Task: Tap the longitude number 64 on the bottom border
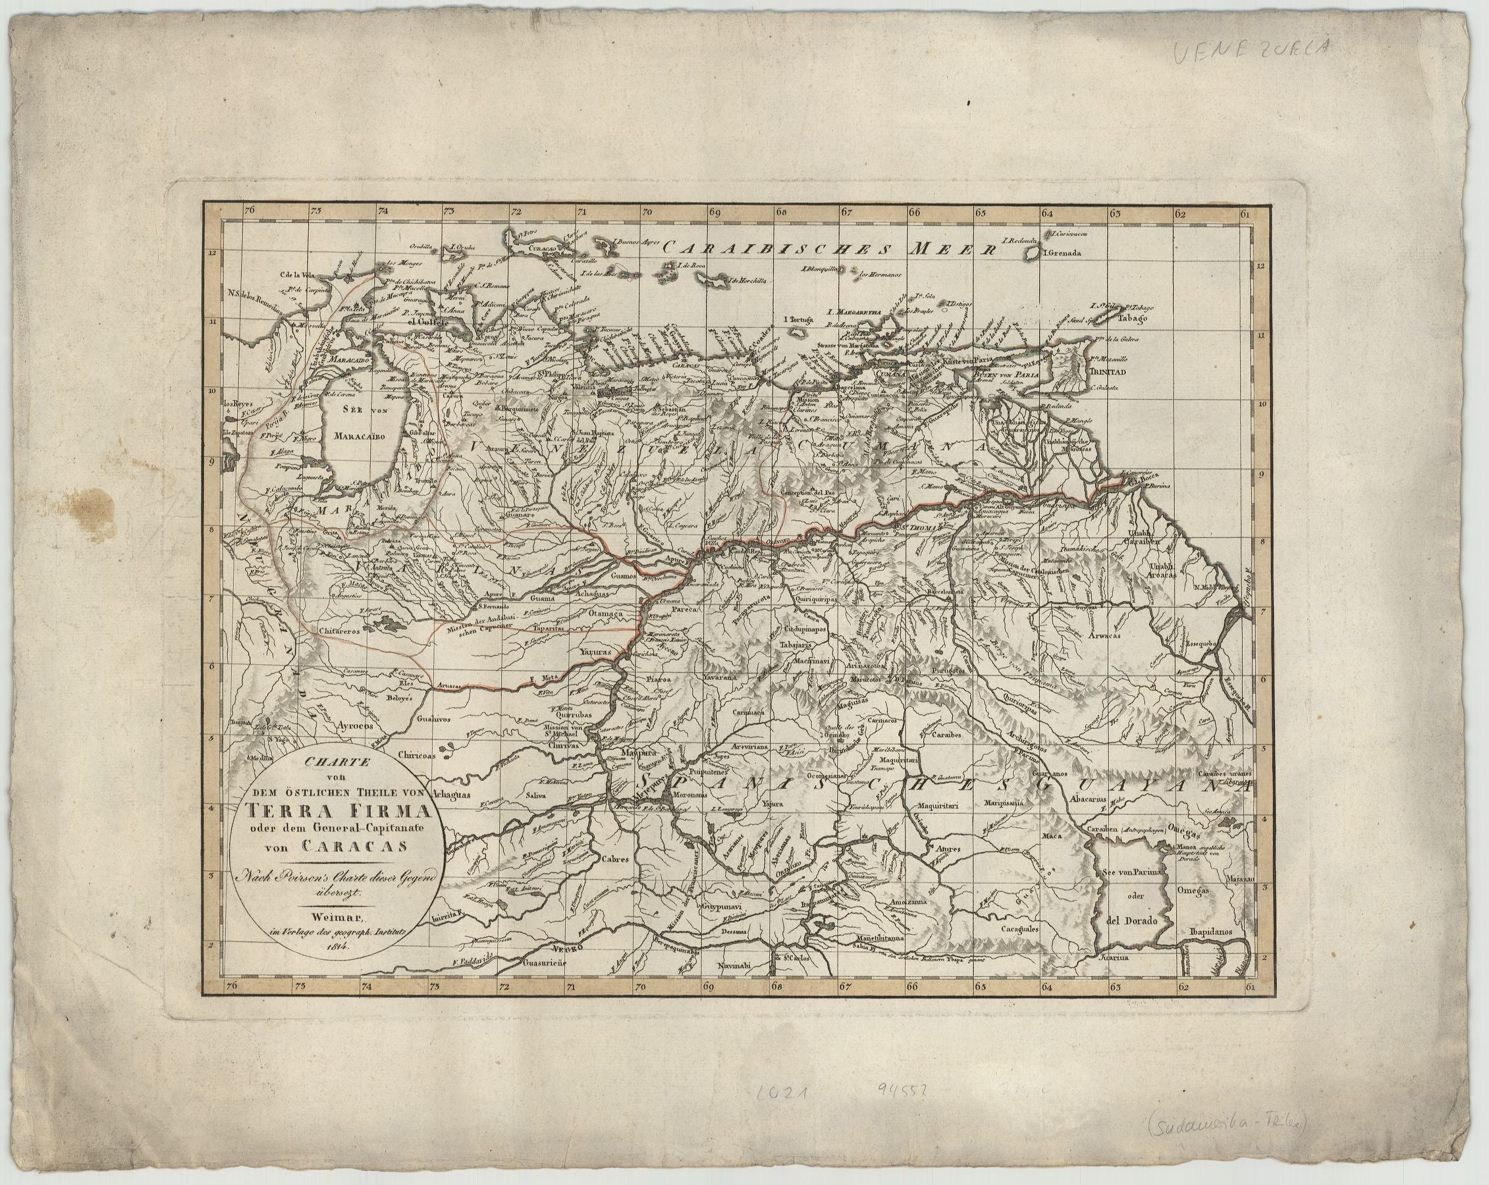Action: pyautogui.click(x=1048, y=987)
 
